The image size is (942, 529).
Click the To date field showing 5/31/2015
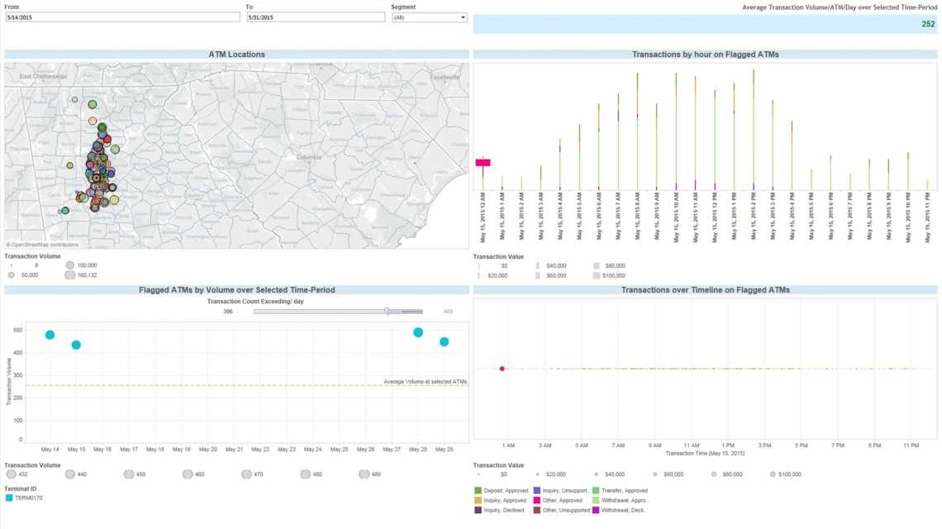(315, 17)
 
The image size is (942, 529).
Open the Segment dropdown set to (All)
(429, 17)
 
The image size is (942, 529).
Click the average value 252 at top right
(928, 24)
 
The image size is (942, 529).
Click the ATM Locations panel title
(236, 55)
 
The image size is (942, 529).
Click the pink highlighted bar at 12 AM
(483, 163)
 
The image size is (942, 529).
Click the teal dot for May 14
(50, 335)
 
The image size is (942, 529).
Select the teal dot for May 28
(418, 332)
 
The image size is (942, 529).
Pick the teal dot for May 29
(445, 341)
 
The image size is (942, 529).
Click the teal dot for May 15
(76, 345)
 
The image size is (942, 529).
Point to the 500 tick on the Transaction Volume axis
(19, 330)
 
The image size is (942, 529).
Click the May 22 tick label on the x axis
(260, 450)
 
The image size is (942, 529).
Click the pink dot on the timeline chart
(502, 369)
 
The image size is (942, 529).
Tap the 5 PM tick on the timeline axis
(801, 446)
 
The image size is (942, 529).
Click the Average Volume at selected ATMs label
(425, 381)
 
